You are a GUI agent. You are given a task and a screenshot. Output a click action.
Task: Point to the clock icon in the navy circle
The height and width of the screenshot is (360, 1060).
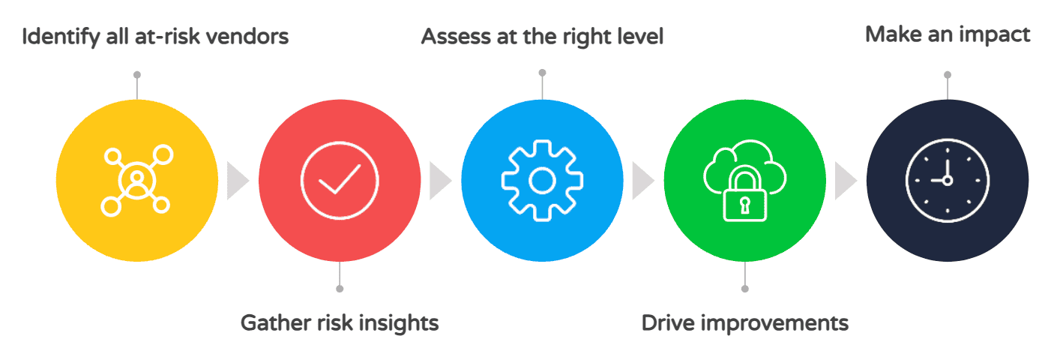(947, 181)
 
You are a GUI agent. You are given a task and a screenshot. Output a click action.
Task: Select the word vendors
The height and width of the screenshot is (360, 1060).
(247, 36)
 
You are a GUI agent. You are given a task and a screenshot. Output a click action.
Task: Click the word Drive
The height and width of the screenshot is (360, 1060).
(665, 323)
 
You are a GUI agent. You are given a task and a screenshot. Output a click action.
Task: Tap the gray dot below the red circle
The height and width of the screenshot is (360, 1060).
(340, 289)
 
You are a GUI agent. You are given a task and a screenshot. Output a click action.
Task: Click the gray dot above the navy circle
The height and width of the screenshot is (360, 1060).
(948, 74)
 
